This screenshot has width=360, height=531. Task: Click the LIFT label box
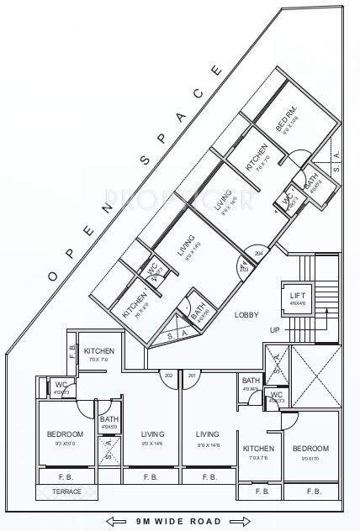point(297,298)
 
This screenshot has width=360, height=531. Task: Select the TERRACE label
point(67,492)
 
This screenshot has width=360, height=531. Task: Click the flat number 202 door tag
point(168,375)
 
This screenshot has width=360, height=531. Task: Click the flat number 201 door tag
point(193,375)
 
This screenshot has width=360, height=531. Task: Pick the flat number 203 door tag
point(243,269)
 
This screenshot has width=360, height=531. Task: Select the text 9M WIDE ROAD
point(179,521)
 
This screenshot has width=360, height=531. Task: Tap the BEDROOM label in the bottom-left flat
point(65,434)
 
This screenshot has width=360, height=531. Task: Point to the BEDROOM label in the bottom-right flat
point(310,449)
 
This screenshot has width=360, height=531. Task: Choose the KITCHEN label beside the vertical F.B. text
point(99,351)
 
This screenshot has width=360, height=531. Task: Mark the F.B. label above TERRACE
point(66,476)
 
